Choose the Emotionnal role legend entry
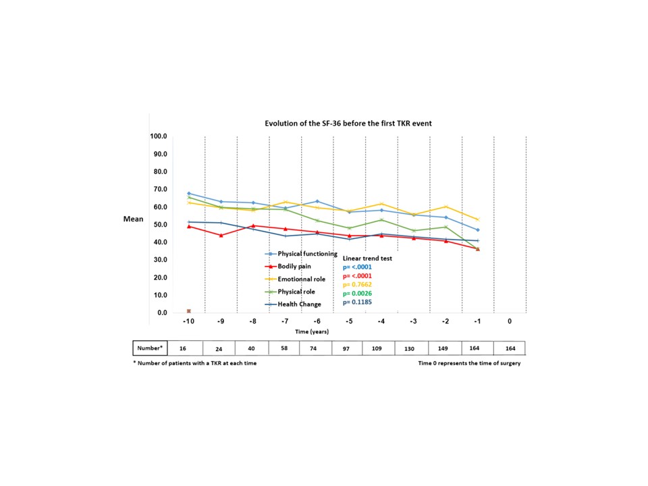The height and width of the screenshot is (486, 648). pyautogui.click(x=296, y=279)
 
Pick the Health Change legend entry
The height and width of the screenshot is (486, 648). pyautogui.click(x=292, y=304)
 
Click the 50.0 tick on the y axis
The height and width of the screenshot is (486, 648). pyautogui.click(x=159, y=225)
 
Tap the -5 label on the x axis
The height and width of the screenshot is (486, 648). pyautogui.click(x=349, y=322)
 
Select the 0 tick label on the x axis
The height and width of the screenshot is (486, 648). pyautogui.click(x=510, y=322)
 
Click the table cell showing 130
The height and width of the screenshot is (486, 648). pyautogui.click(x=413, y=348)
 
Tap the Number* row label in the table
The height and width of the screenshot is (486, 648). pyautogui.click(x=151, y=348)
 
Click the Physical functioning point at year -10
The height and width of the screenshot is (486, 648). pyautogui.click(x=189, y=194)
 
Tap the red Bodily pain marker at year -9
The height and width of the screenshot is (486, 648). pyautogui.click(x=221, y=235)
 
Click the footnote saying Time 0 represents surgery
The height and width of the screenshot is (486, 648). pyautogui.click(x=469, y=363)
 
